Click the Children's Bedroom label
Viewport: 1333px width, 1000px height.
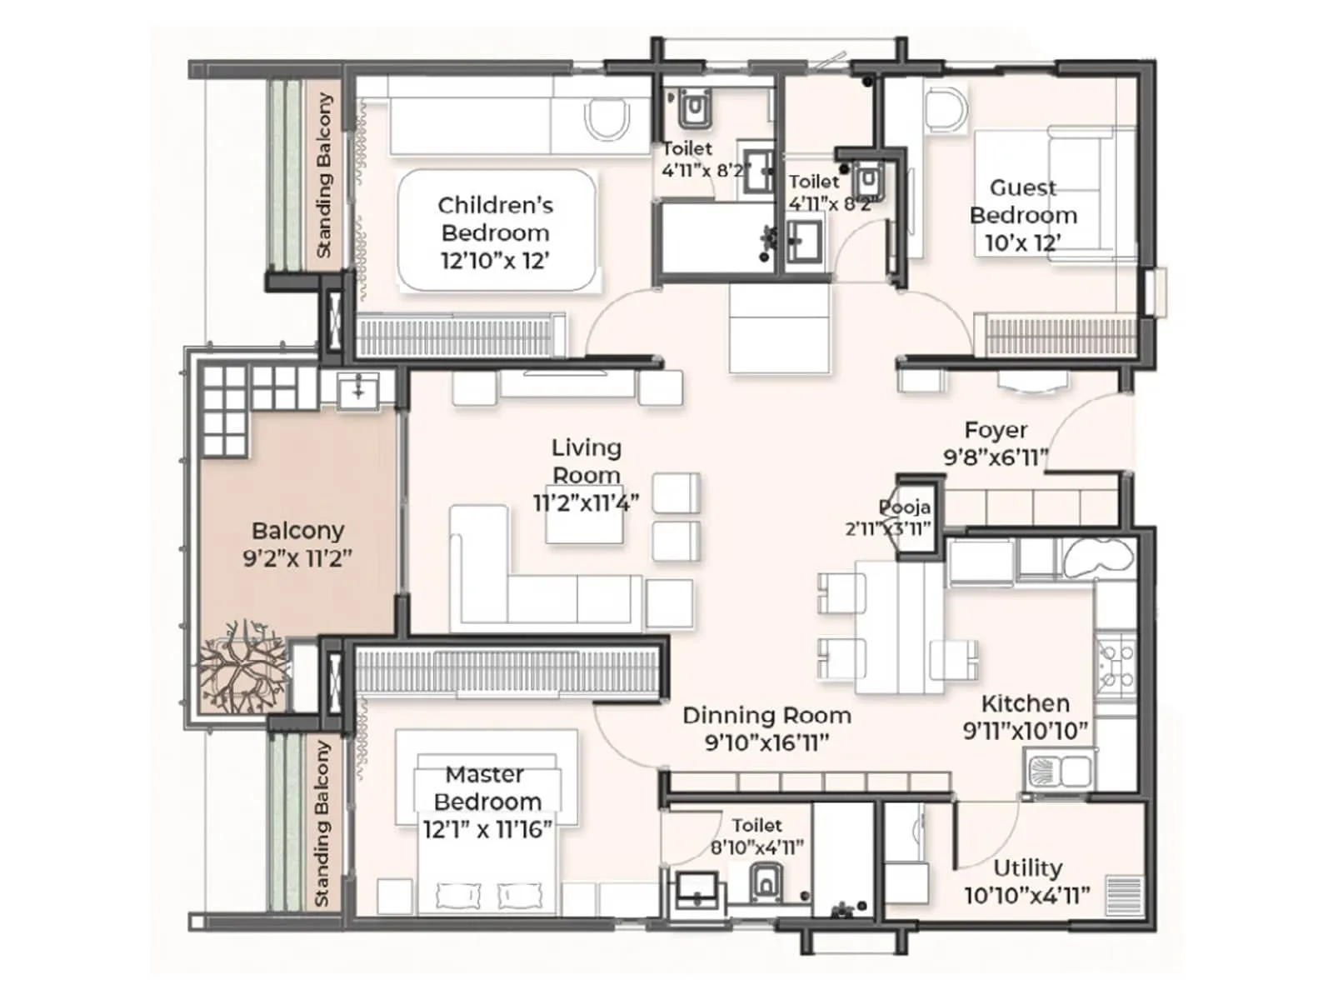point(495,218)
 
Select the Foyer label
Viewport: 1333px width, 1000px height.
point(996,430)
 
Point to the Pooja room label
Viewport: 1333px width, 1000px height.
point(904,507)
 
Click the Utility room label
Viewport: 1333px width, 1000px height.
point(1027,867)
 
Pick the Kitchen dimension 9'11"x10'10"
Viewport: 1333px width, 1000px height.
point(1026,731)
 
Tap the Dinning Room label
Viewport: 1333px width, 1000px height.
point(766,715)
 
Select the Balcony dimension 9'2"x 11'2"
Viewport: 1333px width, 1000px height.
point(297,557)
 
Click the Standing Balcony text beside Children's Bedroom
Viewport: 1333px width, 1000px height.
point(324,175)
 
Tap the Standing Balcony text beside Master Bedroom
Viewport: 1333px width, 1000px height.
point(322,823)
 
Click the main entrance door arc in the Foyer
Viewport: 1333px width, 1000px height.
point(1083,425)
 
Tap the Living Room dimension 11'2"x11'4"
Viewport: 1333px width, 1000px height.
point(586,502)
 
